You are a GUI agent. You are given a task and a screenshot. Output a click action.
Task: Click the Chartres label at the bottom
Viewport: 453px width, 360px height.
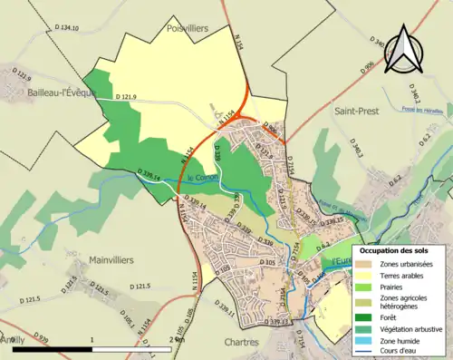click(241, 343)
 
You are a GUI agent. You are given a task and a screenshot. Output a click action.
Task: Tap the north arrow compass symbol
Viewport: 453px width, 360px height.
click(401, 50)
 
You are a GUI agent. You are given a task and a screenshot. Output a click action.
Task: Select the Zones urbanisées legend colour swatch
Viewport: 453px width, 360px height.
click(368, 265)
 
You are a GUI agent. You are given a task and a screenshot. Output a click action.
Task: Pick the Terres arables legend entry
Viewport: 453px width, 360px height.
click(403, 275)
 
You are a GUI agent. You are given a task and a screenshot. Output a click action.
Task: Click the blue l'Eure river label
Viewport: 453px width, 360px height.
click(342, 261)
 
